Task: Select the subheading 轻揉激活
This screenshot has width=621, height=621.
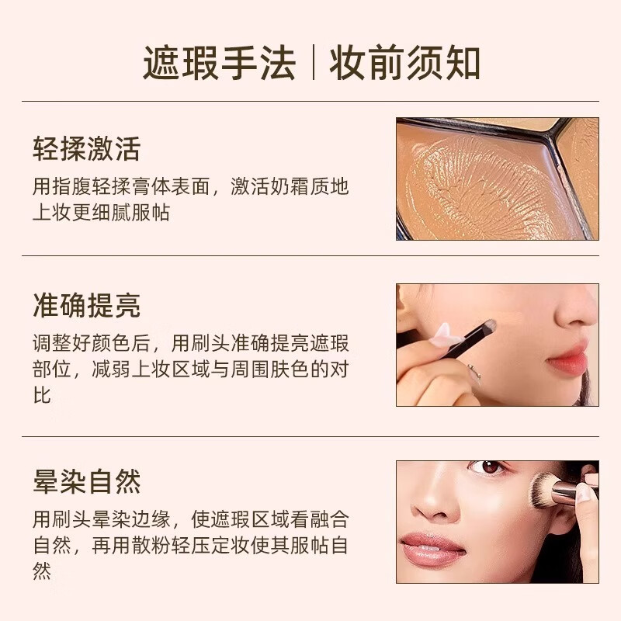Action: click(86, 148)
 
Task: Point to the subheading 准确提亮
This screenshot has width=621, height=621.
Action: click(86, 305)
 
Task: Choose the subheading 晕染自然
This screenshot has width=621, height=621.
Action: click(86, 482)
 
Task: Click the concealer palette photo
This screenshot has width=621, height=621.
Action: click(497, 179)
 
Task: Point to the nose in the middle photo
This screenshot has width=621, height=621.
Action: click(574, 314)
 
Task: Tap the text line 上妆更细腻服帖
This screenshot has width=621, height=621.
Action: click(101, 213)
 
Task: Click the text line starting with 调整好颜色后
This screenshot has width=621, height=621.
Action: click(190, 343)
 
